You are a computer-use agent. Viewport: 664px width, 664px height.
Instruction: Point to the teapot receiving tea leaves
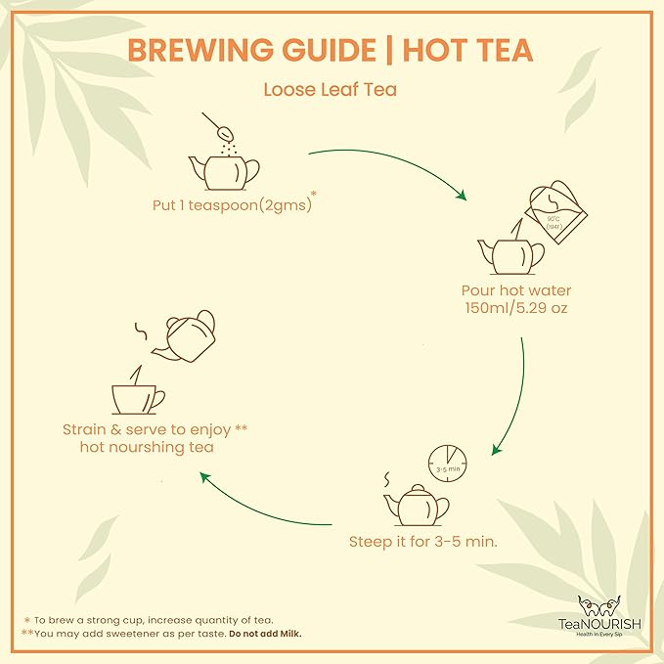tap(223, 170)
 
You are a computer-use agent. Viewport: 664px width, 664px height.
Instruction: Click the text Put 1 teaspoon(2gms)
tap(228, 206)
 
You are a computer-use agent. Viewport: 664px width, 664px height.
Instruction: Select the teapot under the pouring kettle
tap(509, 255)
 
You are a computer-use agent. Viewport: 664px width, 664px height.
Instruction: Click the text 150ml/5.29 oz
tap(515, 309)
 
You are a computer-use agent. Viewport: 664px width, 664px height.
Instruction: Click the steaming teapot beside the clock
tap(417, 505)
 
